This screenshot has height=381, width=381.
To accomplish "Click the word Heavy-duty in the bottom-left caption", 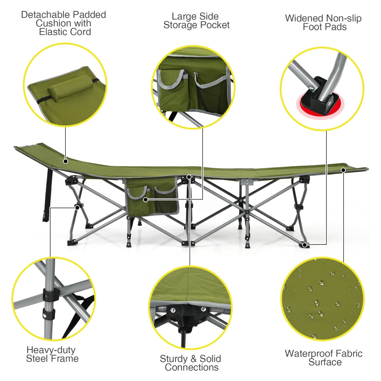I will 51,350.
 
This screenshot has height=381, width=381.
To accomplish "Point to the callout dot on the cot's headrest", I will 65,161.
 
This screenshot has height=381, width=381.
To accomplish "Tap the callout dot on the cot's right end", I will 343,170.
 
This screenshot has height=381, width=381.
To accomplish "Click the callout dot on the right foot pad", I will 305,244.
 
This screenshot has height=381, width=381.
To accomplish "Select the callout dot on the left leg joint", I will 77,207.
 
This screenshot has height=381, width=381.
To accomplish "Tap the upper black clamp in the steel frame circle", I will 50,295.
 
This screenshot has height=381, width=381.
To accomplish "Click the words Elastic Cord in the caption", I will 65,32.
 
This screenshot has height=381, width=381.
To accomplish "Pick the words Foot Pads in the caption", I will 324,27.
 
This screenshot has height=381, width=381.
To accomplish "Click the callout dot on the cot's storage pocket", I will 145,199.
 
